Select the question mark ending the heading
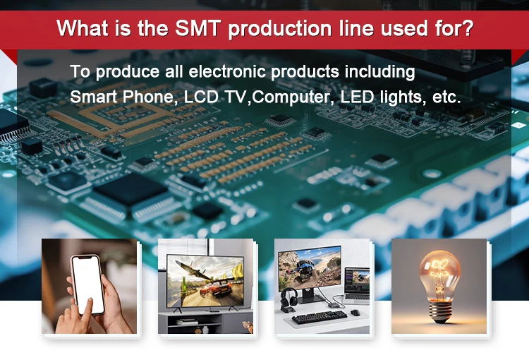point(468,29)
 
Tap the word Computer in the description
point(291,97)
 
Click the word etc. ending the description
point(446,97)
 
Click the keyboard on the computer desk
point(320,316)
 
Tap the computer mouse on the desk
point(355,312)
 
